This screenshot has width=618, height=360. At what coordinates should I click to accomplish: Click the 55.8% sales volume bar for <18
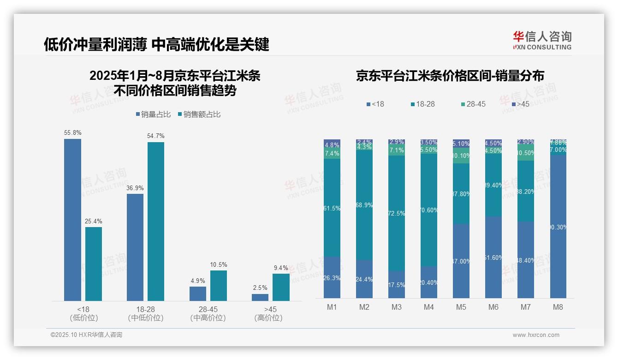[72, 220]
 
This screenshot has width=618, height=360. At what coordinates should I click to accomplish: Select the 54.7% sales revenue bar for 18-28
[156, 222]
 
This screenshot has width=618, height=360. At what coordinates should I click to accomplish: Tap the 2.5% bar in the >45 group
[260, 297]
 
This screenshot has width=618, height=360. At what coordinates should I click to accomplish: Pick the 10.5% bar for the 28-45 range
[219, 285]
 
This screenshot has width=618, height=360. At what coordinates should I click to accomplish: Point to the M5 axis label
[461, 307]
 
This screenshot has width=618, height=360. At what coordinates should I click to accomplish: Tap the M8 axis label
[558, 307]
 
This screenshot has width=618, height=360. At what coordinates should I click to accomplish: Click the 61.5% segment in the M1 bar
[332, 208]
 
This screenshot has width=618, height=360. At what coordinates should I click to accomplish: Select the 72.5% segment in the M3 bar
[397, 213]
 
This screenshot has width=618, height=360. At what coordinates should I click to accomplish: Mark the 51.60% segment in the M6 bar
[493, 258]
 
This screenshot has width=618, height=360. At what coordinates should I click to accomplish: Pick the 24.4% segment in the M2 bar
[364, 279]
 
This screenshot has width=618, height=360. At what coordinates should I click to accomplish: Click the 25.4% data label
[93, 221]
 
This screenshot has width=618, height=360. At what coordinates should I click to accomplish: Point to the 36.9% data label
[135, 188]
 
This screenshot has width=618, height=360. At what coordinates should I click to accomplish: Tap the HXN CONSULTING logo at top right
[542, 40]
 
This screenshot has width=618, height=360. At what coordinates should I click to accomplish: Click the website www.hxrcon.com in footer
[536, 335]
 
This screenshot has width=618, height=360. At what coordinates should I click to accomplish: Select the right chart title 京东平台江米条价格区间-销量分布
[450, 76]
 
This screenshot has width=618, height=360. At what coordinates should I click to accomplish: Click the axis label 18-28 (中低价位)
[145, 313]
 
